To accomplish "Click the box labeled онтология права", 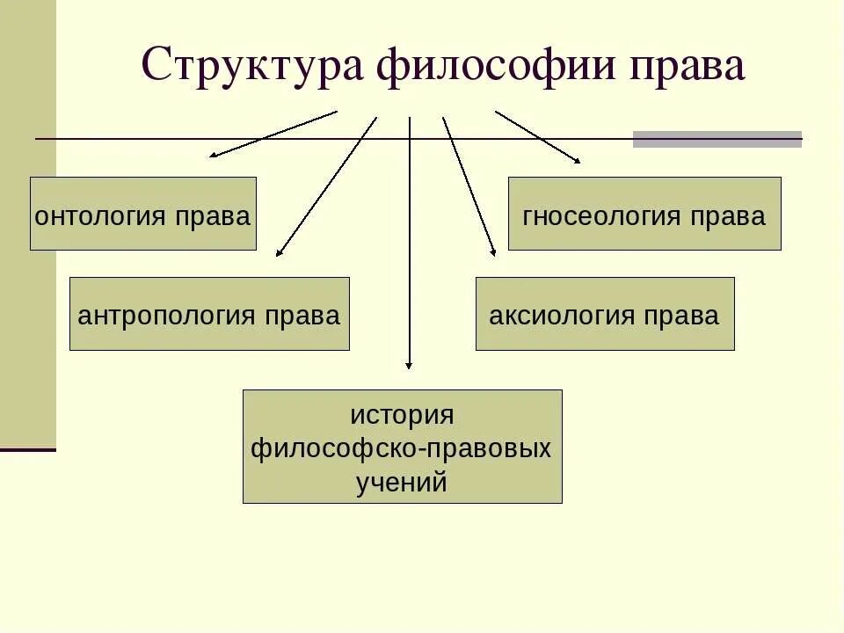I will (x=143, y=214).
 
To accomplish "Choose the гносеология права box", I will (x=644, y=214).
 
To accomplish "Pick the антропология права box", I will (x=209, y=314).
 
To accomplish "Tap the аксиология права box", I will (x=605, y=314).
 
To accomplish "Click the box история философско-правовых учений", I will (x=402, y=447).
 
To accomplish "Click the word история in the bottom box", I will (x=402, y=414).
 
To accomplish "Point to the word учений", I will (x=402, y=482).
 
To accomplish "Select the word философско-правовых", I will (x=402, y=448).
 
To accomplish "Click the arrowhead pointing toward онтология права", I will (x=213, y=156).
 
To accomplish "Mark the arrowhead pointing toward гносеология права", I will (x=577, y=161).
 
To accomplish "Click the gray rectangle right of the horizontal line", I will (x=717, y=139).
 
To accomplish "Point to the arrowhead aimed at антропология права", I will (x=279, y=253).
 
